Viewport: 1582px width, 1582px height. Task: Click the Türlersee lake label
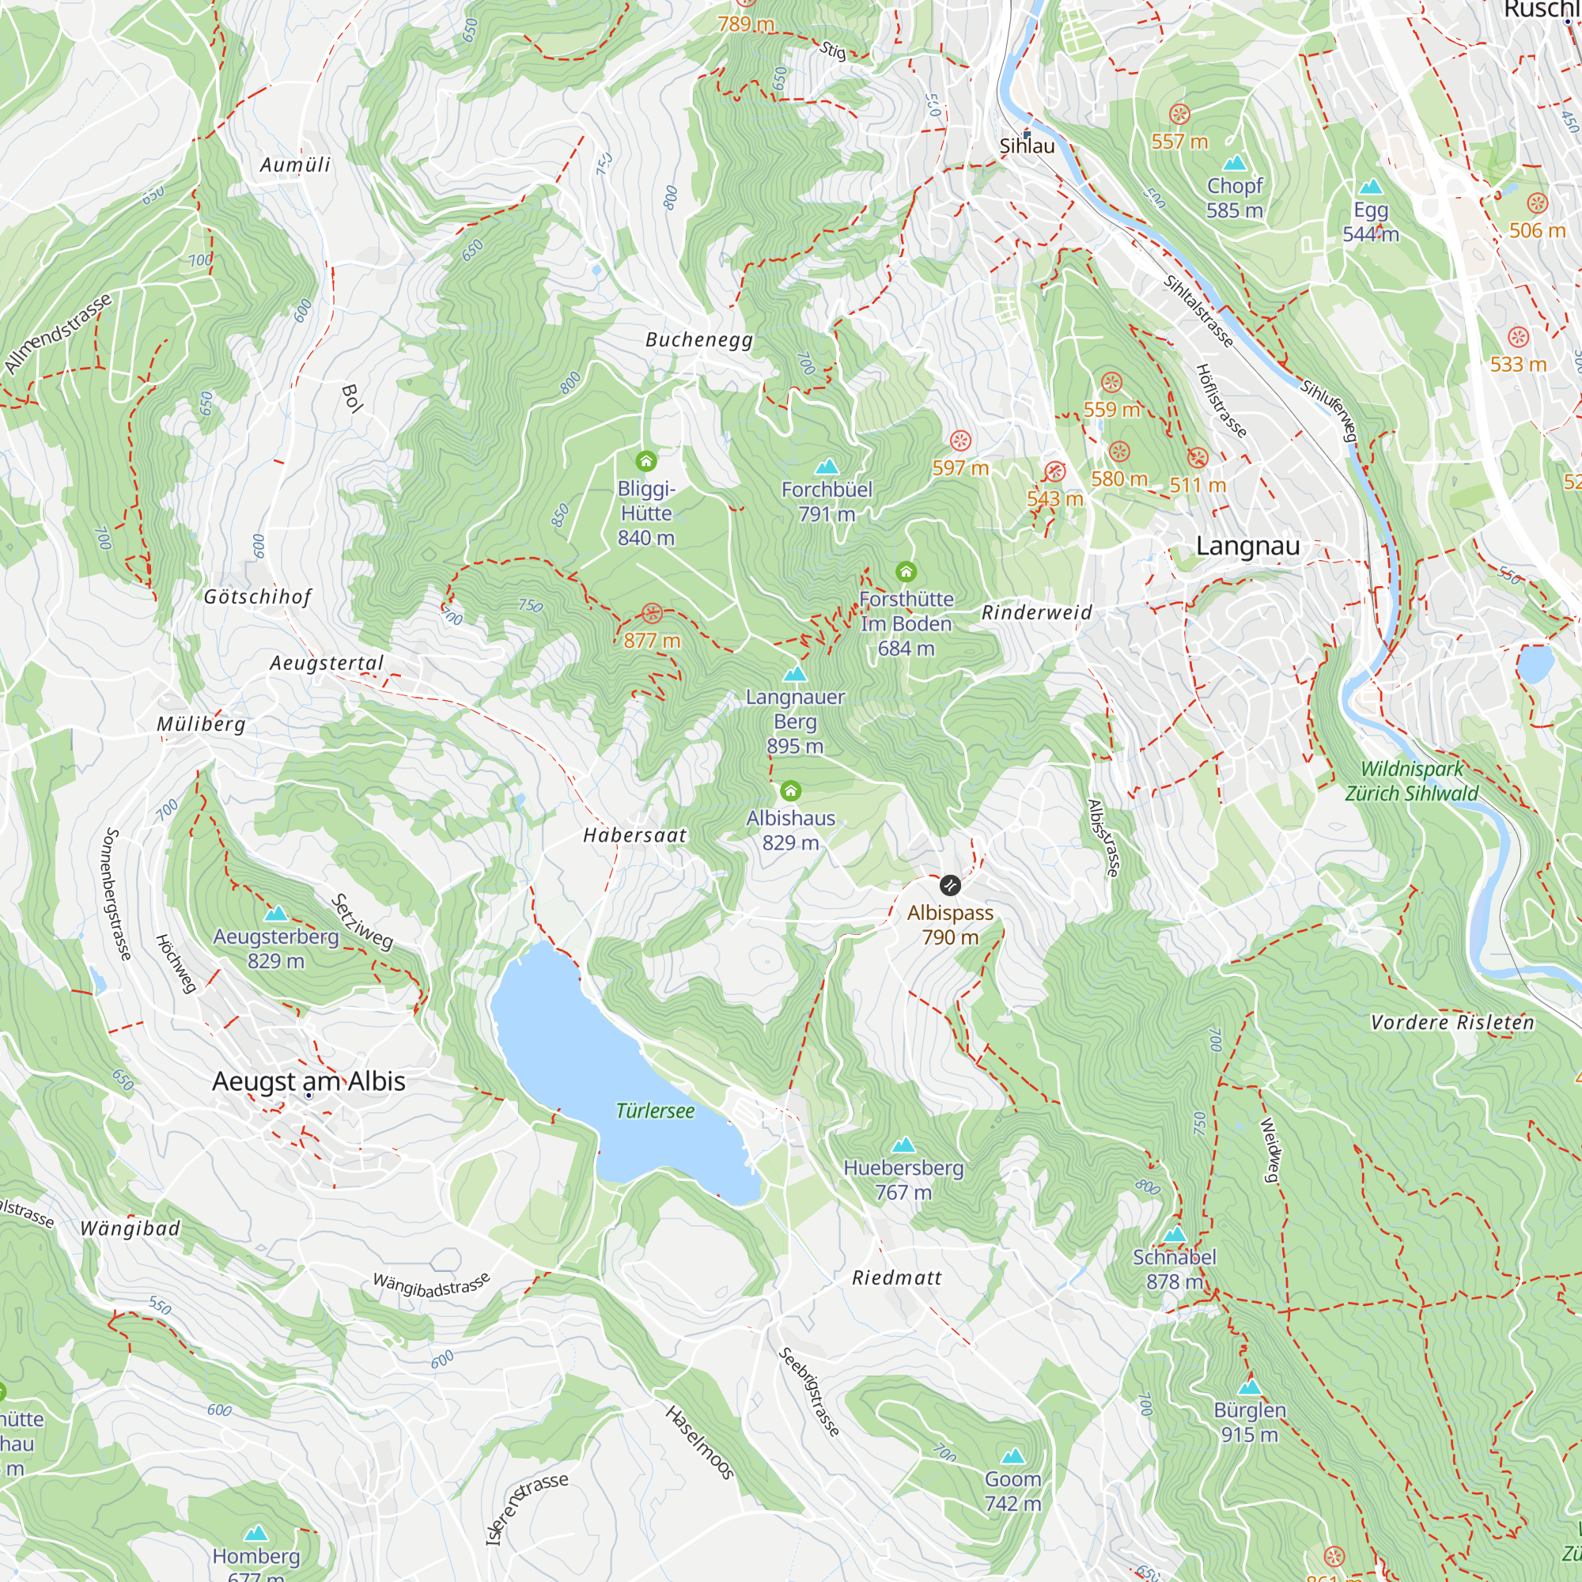point(654,1111)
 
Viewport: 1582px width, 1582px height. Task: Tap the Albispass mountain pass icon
point(949,885)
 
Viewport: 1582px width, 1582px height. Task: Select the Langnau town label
point(1247,546)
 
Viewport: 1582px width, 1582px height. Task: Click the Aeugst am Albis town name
point(308,1081)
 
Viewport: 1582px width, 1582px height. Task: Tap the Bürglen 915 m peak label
point(1249,1421)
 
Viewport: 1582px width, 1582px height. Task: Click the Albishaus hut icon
point(790,791)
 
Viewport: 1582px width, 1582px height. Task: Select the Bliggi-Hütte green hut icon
point(646,462)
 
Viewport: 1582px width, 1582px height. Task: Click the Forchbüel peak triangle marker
point(827,467)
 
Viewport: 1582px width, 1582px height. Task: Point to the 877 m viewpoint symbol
point(652,613)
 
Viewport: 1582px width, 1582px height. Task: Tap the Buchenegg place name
point(698,340)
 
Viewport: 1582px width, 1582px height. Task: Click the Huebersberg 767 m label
point(903,1179)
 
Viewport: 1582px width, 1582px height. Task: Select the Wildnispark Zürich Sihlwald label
point(1412,782)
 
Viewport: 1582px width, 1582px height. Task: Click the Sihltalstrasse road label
point(1198,311)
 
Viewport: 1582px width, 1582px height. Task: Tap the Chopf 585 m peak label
point(1234,199)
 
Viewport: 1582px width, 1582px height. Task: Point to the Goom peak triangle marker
point(1013,1456)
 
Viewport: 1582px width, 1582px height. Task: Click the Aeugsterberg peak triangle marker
point(276,913)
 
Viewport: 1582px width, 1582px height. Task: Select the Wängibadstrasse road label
point(432,1285)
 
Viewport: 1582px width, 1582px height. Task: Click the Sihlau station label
point(1027,146)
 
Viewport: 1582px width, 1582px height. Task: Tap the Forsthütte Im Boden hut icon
point(905,572)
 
